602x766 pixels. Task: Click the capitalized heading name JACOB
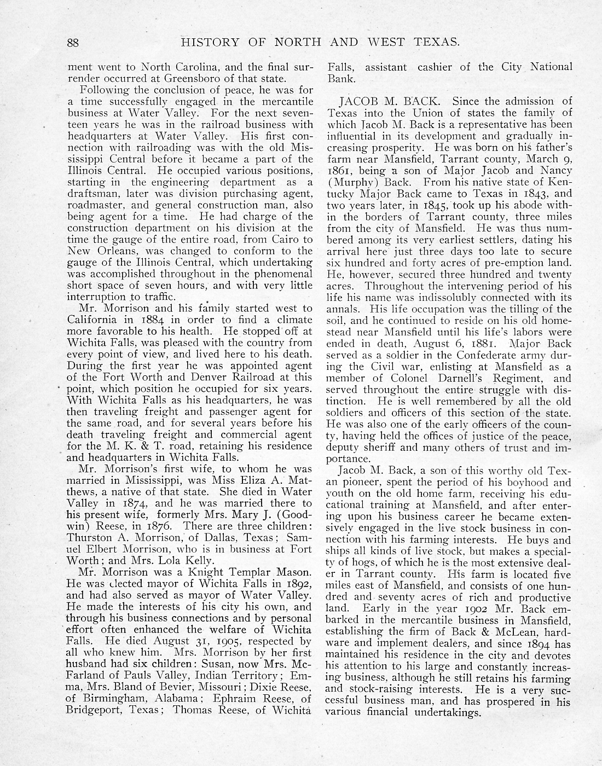[x=358, y=101]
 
